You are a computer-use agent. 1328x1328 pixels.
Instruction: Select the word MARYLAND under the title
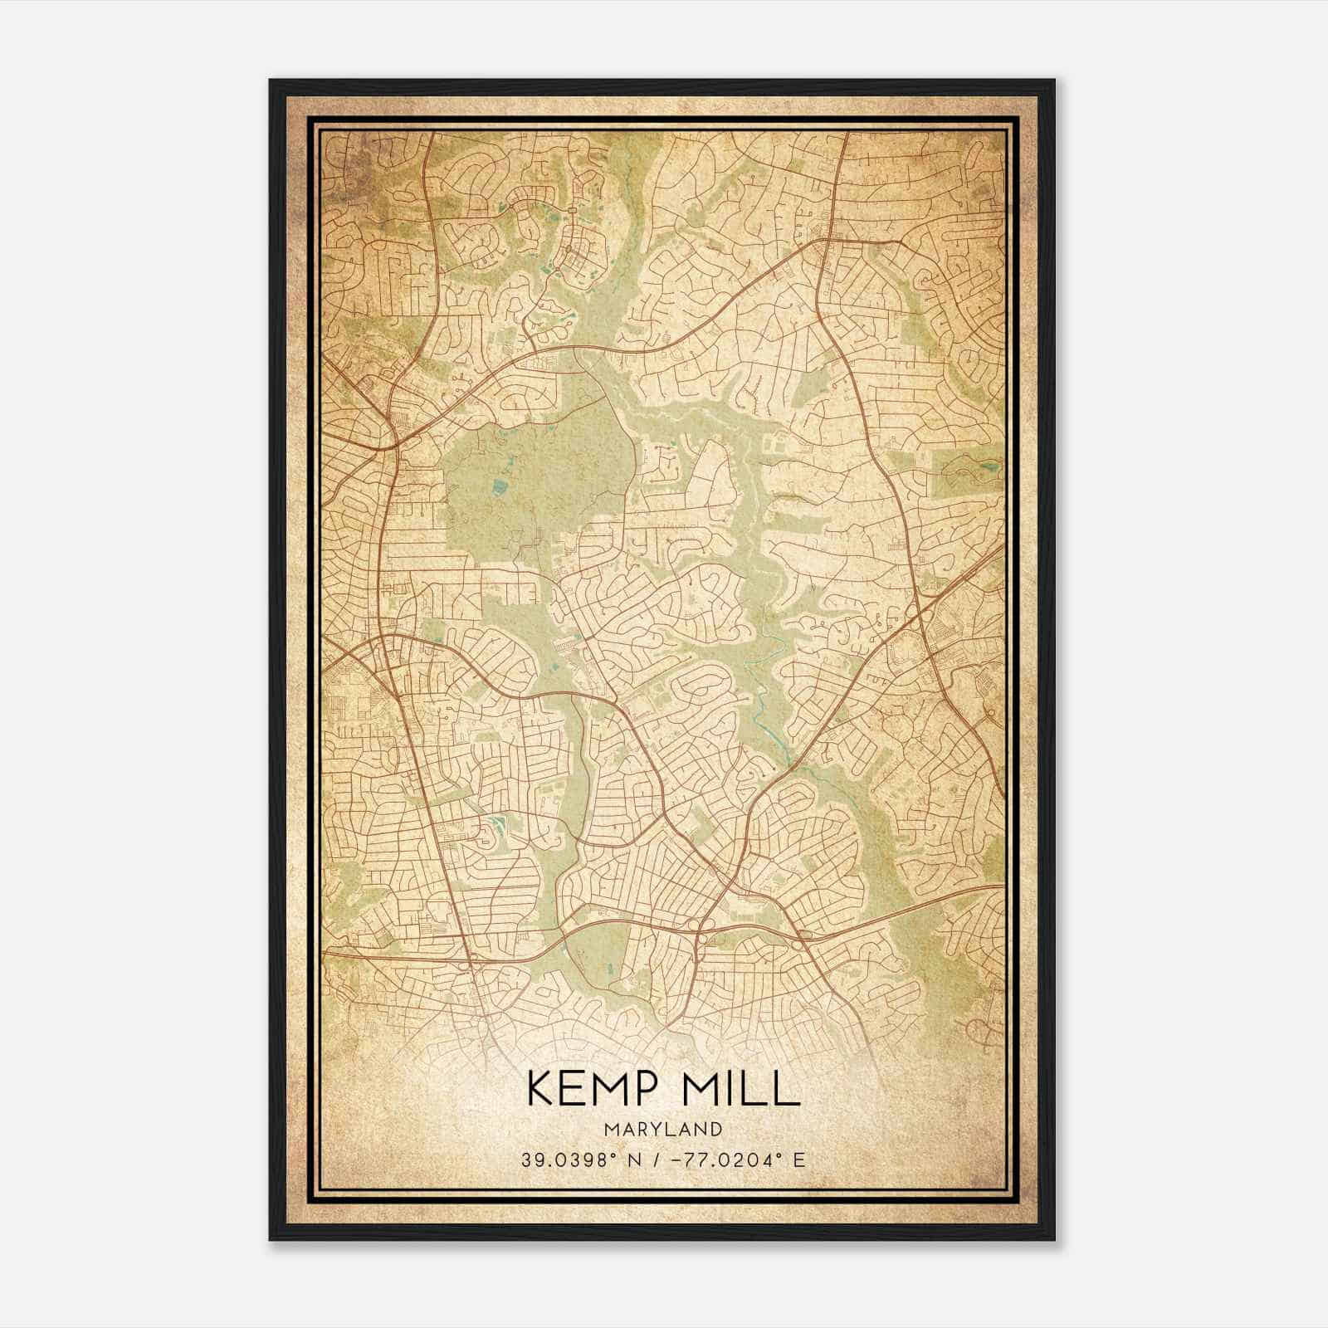(x=663, y=1130)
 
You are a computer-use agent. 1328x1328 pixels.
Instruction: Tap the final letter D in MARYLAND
(x=716, y=1130)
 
